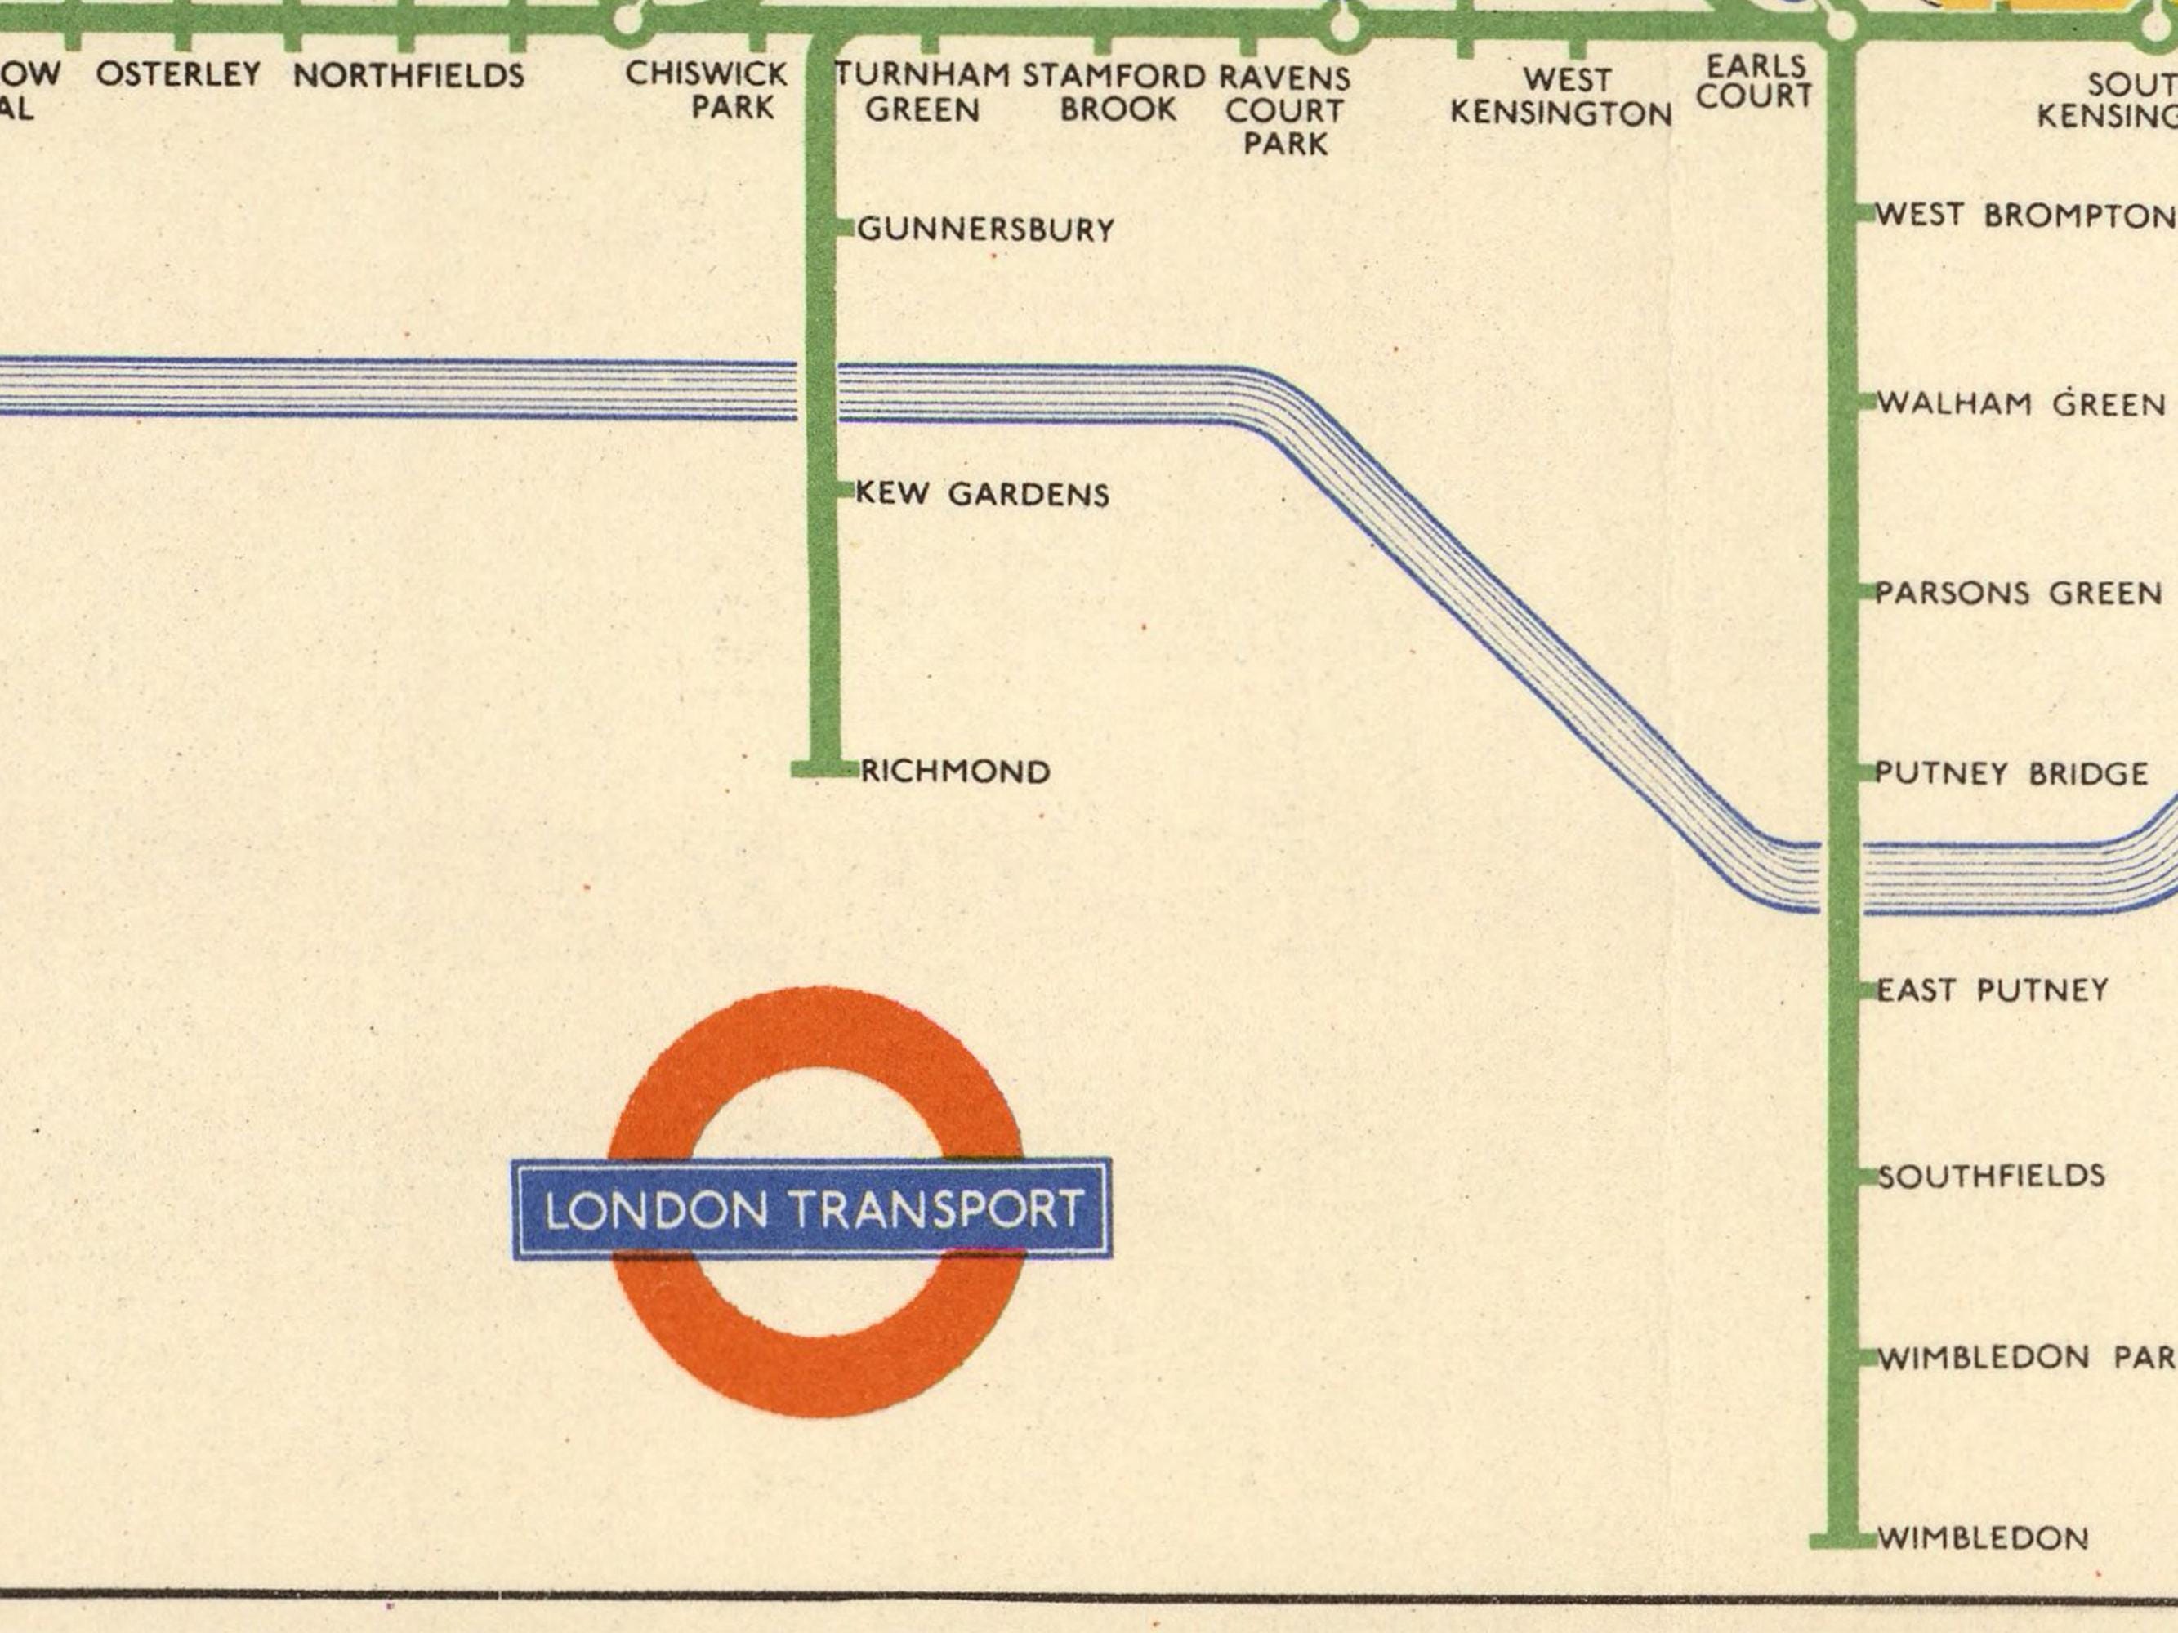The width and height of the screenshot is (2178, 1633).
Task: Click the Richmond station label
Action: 955,772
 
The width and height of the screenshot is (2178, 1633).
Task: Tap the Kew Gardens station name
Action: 982,493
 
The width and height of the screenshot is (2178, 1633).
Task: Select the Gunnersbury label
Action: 985,229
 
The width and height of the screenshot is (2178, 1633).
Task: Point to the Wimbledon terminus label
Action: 1982,1537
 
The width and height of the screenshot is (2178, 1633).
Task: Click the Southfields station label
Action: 1991,1175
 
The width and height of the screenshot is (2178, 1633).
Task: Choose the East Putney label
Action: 1992,990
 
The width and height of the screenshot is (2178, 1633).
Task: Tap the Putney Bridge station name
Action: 2011,774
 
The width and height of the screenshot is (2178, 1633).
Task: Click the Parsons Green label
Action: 2019,594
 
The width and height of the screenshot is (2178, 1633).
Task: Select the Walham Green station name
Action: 2021,403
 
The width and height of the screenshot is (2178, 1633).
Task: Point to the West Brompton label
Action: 2024,215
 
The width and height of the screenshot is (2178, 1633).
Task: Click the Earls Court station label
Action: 1756,81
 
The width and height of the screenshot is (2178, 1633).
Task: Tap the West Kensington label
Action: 1562,96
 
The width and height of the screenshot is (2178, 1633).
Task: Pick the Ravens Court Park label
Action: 1285,110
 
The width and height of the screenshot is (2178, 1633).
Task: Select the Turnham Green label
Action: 922,91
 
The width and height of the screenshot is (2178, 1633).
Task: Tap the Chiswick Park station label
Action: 707,90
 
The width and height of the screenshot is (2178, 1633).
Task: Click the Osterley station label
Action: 178,73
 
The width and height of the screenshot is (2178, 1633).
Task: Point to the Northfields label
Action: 408,75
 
